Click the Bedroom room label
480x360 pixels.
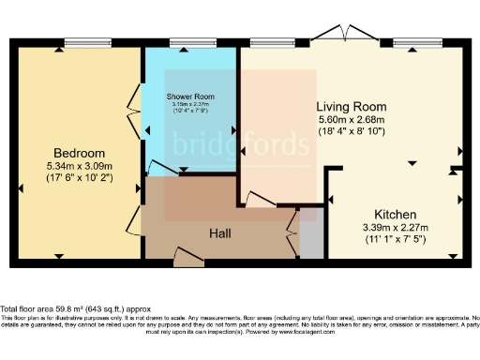pos(79,153)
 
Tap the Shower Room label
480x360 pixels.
pos(191,97)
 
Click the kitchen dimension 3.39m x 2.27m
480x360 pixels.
pos(395,227)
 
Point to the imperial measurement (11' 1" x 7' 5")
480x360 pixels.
pos(395,240)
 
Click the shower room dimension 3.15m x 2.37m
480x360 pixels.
pos(191,105)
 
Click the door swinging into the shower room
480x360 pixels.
pos(161,169)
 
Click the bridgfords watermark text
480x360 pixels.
pos(240,146)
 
